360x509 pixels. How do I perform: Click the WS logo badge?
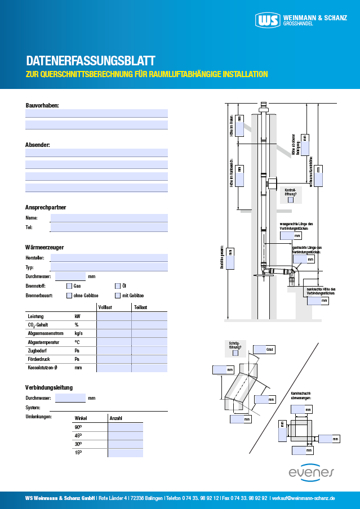(x=267, y=21)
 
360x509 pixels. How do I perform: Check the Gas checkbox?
(x=70, y=286)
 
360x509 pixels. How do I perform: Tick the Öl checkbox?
(x=118, y=286)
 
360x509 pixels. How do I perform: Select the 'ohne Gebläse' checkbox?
(x=70, y=296)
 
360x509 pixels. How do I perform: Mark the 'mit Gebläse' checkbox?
(x=118, y=296)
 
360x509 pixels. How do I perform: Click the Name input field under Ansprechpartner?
(x=109, y=218)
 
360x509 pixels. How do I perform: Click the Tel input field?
(x=109, y=227)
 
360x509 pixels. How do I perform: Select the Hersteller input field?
(x=109, y=258)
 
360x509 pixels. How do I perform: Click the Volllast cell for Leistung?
(x=114, y=316)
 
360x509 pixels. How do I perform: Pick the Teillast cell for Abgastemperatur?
(x=149, y=342)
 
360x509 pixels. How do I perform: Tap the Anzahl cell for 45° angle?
(x=125, y=436)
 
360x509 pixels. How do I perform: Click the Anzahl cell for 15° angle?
(x=125, y=453)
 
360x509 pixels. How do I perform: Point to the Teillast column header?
(x=141, y=307)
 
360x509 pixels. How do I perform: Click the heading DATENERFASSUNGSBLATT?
(x=91, y=61)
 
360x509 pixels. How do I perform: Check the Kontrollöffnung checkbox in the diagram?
(x=291, y=199)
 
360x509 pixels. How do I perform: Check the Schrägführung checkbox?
(x=235, y=354)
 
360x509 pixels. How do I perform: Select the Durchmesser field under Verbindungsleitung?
(x=70, y=398)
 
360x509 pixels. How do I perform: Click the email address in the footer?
(x=304, y=498)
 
